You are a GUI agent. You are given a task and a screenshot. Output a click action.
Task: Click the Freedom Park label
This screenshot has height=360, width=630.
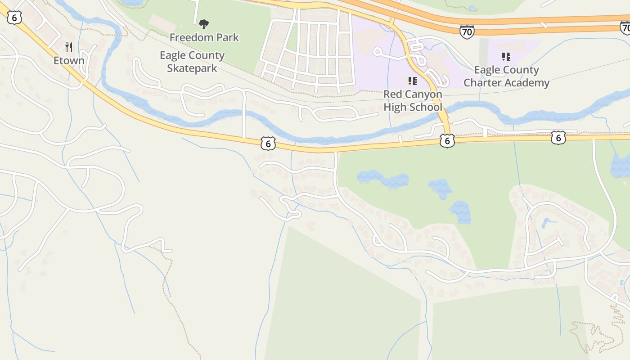pos(204,37)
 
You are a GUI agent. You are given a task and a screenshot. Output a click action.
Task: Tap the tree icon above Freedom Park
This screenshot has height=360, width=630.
pos(204,23)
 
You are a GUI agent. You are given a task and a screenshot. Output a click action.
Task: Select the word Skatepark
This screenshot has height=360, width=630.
pos(192,68)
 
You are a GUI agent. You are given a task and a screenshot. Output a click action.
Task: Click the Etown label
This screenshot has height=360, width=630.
pos(69,60)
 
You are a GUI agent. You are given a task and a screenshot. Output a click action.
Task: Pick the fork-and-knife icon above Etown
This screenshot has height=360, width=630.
pos(69,47)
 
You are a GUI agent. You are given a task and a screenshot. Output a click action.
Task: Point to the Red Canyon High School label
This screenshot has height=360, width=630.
pos(413,101)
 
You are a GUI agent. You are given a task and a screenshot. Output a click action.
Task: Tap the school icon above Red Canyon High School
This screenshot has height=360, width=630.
pos(412,81)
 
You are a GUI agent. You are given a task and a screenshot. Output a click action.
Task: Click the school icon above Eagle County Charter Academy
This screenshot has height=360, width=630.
pos(506,57)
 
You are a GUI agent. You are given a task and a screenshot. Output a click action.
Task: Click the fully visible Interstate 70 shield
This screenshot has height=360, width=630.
pos(467,31)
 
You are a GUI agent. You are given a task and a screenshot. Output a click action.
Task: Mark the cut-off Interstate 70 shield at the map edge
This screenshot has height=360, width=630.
pos(625,28)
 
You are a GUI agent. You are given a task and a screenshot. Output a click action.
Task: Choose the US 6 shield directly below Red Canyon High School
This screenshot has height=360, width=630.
pos(447,141)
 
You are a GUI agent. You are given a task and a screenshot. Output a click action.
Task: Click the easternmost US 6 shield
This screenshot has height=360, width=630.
pos(558,138)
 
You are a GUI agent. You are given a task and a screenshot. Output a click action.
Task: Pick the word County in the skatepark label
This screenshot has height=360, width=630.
pos(207,56)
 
